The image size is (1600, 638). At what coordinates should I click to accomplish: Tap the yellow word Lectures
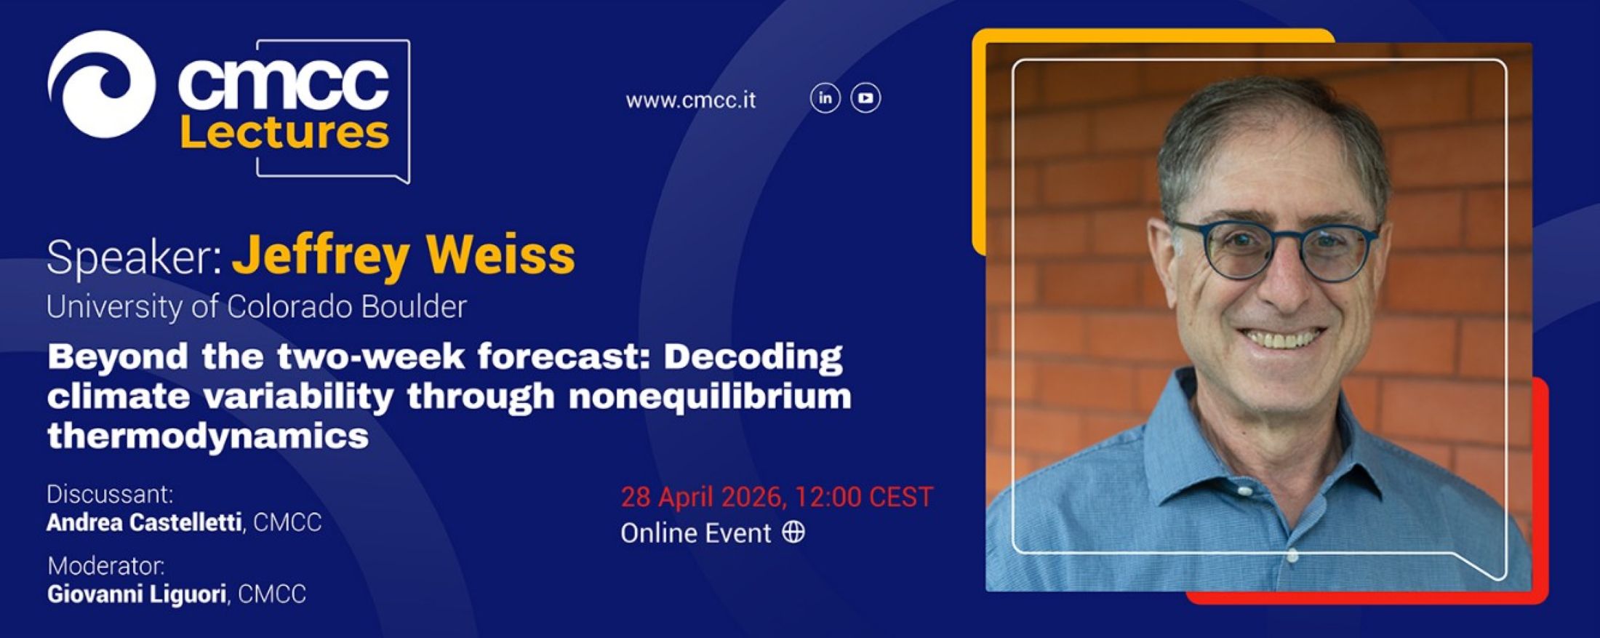[x=284, y=132]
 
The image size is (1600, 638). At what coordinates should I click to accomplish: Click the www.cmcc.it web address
[x=690, y=100]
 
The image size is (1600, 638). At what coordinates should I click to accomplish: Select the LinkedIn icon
[x=825, y=98]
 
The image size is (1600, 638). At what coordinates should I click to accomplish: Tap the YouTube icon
[x=865, y=98]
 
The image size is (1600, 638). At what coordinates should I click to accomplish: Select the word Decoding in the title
[x=753, y=357]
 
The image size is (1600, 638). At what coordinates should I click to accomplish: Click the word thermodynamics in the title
[x=208, y=436]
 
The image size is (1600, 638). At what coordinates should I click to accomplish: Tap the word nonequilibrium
[x=710, y=397]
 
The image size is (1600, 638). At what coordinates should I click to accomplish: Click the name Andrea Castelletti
[x=144, y=522]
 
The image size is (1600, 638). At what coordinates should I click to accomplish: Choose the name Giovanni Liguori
[x=137, y=594]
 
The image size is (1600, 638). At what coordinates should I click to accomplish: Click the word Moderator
[x=106, y=565]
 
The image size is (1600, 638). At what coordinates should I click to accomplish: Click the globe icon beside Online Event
[x=793, y=533]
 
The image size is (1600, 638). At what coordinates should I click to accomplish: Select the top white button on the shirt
[x=1244, y=491]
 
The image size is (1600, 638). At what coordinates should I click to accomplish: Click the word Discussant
[x=110, y=494]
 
